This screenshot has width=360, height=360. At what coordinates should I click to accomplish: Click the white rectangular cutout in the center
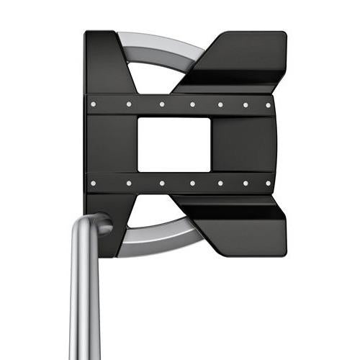[174, 145]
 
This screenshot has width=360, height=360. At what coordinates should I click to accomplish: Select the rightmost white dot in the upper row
[269, 104]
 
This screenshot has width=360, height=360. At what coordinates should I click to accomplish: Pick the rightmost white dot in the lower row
[269, 184]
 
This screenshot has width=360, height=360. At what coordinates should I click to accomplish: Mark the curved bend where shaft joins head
[97, 225]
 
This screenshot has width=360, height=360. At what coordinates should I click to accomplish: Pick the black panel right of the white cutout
[241, 145]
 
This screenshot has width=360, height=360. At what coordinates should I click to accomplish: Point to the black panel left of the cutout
[112, 145]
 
